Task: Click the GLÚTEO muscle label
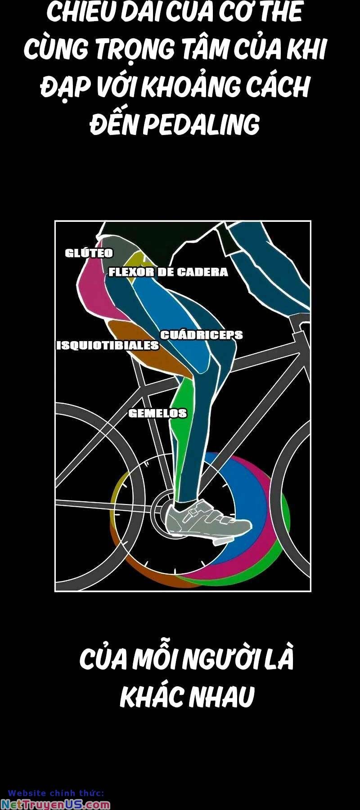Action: (89, 253)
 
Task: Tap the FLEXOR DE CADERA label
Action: (168, 272)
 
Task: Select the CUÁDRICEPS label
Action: (202, 335)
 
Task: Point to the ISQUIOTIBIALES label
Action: (108, 346)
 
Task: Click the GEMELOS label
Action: (157, 413)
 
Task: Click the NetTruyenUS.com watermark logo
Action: (55, 805)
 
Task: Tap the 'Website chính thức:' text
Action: (56, 793)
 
